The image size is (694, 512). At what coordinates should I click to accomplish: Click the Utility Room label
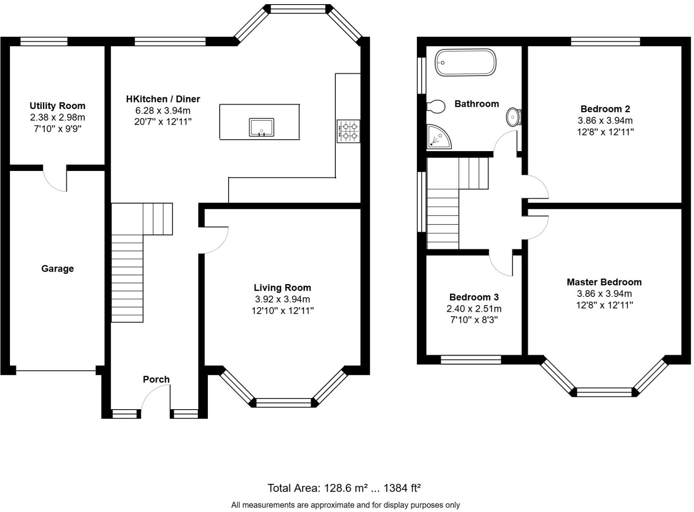tap(57, 106)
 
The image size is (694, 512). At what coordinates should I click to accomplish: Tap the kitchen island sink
tap(261, 127)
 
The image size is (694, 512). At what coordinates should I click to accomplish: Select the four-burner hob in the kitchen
tap(348, 131)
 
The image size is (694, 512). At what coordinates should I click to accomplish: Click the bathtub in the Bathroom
tap(465, 63)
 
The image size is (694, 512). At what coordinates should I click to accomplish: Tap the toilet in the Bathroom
tap(436, 106)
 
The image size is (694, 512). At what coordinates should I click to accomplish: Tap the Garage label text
tap(57, 269)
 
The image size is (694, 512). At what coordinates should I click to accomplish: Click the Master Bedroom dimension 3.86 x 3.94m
tap(604, 294)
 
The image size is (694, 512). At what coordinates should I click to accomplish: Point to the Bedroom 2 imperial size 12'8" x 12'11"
tap(605, 132)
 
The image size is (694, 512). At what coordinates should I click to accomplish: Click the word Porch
tap(156, 379)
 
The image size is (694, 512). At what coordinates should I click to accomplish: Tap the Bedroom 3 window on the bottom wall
tap(471, 360)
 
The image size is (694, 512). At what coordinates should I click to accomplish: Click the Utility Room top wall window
tap(44, 41)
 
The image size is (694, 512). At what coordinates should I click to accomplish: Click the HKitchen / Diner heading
tap(163, 99)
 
